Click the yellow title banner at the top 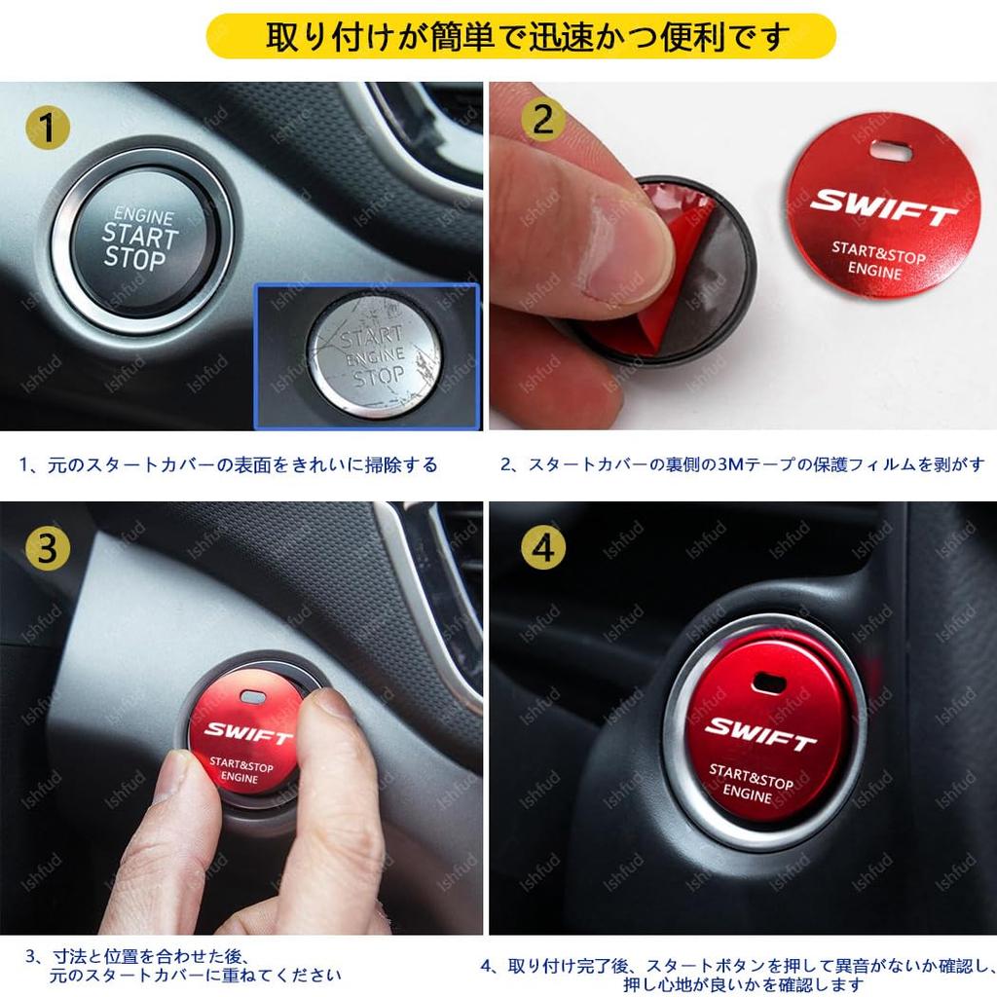[x=521, y=36]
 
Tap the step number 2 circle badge [x=543, y=120]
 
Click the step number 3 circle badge [x=47, y=550]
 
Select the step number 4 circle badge [x=543, y=550]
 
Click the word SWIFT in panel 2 [x=884, y=205]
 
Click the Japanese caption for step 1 [x=229, y=465]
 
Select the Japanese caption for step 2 [x=742, y=465]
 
